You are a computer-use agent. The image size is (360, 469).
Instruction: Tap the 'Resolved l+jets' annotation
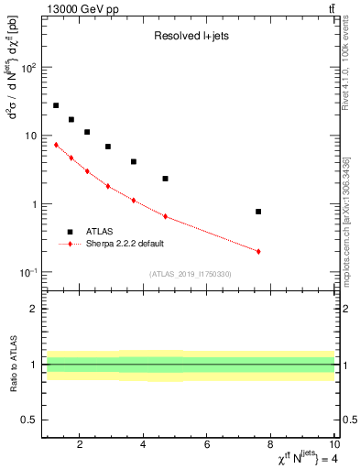click(190, 37)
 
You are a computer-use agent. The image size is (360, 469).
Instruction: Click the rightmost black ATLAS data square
click(258, 212)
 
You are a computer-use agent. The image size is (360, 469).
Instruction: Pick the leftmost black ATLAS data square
click(56, 105)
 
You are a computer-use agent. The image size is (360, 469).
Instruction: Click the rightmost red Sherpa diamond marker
click(258, 251)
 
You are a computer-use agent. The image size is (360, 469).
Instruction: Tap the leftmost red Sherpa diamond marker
click(56, 145)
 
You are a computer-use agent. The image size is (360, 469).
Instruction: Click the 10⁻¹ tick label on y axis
click(27, 272)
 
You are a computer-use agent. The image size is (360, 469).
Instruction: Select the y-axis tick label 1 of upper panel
click(36, 204)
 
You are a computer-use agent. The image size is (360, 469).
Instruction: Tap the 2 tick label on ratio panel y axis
click(36, 309)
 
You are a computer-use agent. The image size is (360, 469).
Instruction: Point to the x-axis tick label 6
click(208, 445)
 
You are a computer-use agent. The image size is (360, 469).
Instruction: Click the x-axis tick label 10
click(334, 445)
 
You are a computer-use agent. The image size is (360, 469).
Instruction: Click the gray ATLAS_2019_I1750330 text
click(190, 274)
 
